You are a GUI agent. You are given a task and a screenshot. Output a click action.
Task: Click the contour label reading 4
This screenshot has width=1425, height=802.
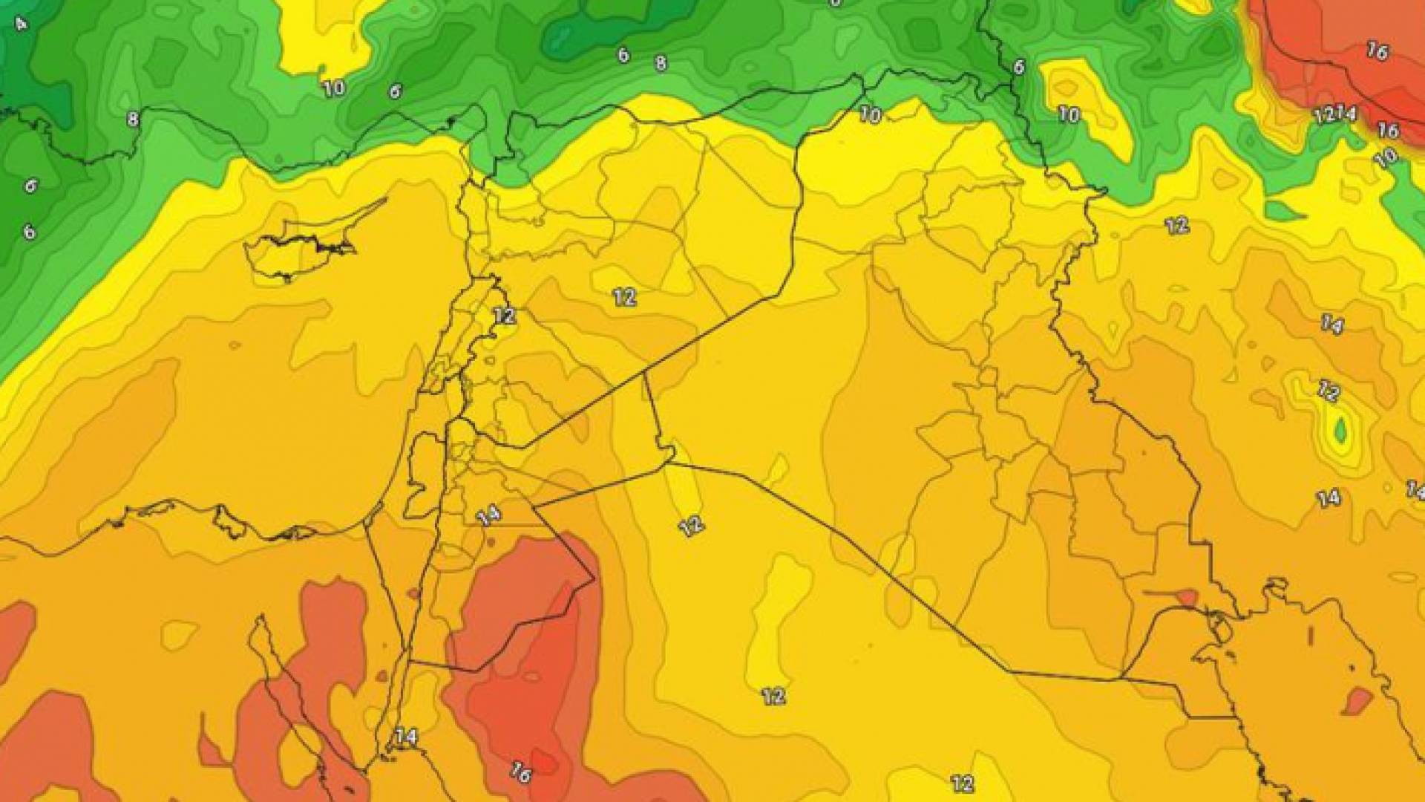click(21, 24)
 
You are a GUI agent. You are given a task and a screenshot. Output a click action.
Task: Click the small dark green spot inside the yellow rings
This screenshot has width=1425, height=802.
click(1340, 430)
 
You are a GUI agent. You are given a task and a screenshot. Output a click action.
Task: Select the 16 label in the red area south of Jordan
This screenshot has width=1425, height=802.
click(520, 773)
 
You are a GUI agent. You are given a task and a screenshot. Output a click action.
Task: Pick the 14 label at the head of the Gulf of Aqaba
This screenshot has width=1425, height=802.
click(405, 737)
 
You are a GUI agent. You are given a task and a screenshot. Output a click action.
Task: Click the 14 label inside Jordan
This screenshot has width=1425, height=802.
click(488, 515)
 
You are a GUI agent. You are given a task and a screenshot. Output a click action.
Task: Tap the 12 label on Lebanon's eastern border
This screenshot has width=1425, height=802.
click(504, 315)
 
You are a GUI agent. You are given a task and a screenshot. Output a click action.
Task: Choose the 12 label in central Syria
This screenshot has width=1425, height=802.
click(624, 297)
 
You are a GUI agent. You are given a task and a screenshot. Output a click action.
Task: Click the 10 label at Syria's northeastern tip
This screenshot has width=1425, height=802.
click(871, 115)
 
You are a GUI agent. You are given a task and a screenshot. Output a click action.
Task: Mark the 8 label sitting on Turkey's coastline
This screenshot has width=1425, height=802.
click(133, 119)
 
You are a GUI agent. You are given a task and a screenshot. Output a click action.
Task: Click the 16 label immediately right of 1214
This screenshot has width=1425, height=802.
click(1387, 131)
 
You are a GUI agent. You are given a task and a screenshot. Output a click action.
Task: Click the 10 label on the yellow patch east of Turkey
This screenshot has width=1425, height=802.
click(1068, 114)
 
